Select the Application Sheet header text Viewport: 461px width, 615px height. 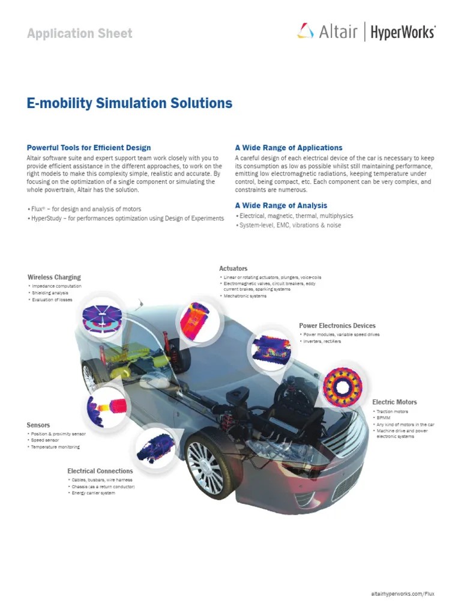click(80, 34)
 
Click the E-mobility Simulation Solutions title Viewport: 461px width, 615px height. click(130, 103)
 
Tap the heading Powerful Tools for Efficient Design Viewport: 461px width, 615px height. click(89, 148)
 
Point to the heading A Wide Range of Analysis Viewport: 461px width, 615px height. click(281, 205)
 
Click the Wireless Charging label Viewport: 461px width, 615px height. click(54, 277)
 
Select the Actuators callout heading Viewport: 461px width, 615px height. click(234, 268)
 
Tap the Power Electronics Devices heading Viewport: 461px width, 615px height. click(337, 326)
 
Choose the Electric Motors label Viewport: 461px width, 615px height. click(394, 402)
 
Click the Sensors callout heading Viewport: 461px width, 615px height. click(38, 425)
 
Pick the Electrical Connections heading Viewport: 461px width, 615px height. click(99, 471)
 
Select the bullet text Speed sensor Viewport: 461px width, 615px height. click(46, 440)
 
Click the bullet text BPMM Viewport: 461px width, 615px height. click(384, 418)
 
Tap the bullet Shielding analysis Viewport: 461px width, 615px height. click(50, 293)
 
